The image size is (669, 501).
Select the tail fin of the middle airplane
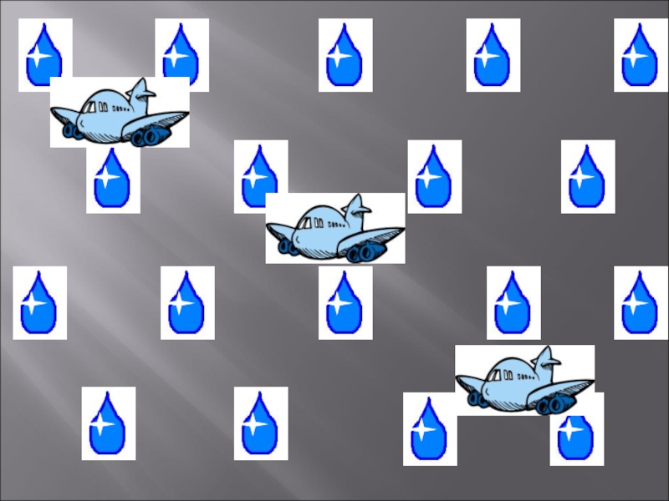pyautogui.click(x=357, y=208)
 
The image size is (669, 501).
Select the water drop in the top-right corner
pyautogui.click(x=641, y=54)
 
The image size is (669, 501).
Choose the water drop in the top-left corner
pyautogui.click(x=44, y=54)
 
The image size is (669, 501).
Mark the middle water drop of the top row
pyautogui.click(x=345, y=54)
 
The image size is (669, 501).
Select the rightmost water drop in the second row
pyautogui.click(x=588, y=176)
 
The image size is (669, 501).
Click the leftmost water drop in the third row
pyautogui.click(x=39, y=302)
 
